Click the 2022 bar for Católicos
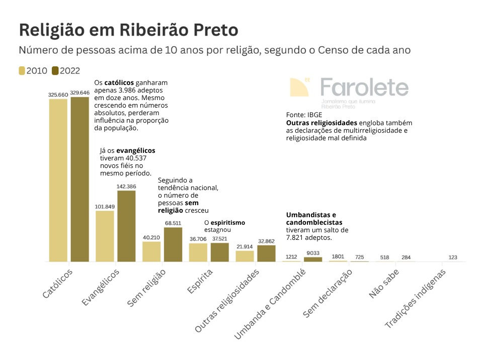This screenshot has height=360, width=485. (x=79, y=179)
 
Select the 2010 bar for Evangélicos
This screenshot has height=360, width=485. (x=105, y=236)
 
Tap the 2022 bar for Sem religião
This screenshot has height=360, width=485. (x=173, y=244)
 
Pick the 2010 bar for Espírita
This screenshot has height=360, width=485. (x=198, y=252)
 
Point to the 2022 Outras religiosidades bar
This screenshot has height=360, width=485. (x=266, y=253)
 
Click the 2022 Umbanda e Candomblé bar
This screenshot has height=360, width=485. (x=313, y=259)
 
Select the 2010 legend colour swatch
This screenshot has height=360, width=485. (x=22, y=71)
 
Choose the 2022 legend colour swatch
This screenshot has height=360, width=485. (x=55, y=71)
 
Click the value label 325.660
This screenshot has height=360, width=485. (x=58, y=94)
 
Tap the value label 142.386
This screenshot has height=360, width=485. (x=126, y=187)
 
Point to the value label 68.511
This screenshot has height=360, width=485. (x=173, y=223)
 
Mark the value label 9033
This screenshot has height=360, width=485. (x=313, y=253)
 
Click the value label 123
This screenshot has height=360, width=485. (x=453, y=257)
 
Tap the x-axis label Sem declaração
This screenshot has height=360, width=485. (x=329, y=293)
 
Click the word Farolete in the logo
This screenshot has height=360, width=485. (x=364, y=87)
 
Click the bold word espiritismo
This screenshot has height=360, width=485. (x=227, y=222)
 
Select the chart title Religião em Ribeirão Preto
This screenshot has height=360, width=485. (x=128, y=30)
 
